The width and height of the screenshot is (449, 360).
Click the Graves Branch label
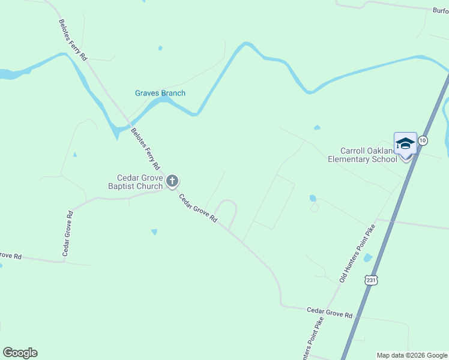(160, 93)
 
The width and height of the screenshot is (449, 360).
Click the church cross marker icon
(172, 181)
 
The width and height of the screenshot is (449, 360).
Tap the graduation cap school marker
(405, 144)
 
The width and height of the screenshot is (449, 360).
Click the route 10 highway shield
(423, 140)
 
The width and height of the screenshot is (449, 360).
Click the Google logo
(20, 353)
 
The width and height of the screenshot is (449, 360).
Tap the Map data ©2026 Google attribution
(412, 355)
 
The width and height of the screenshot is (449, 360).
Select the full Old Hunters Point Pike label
(357, 253)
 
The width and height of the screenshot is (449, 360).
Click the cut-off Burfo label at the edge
(441, 10)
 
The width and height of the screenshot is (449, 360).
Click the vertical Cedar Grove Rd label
(67, 233)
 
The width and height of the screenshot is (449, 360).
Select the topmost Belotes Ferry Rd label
(73, 40)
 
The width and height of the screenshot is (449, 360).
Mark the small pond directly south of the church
(154, 232)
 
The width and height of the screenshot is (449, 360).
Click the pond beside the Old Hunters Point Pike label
(367, 258)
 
